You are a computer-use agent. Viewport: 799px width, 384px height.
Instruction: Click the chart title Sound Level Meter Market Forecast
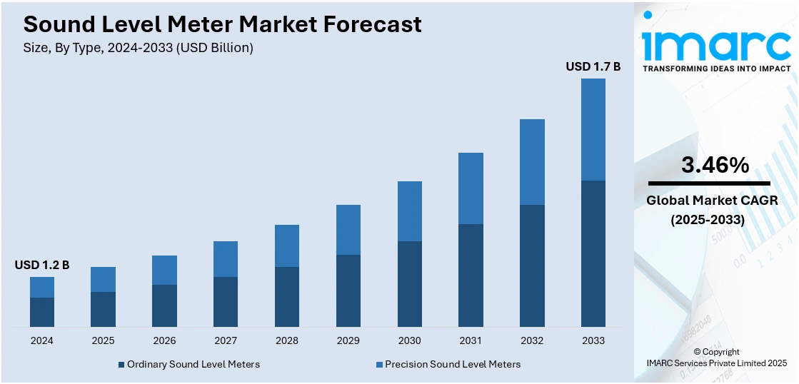coord(222,25)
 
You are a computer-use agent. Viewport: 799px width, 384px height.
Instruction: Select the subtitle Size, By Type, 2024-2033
coord(139,48)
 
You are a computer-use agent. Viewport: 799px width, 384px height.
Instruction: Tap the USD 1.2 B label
coord(42,265)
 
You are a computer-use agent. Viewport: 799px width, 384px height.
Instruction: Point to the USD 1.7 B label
coord(593,66)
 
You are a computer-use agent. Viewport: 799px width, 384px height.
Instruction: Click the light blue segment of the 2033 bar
coord(593,129)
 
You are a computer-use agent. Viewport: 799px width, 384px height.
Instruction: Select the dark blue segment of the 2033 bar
coord(593,253)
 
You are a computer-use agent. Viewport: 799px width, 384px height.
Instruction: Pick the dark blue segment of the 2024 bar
coord(42,312)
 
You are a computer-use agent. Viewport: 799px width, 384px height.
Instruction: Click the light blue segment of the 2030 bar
coord(409,211)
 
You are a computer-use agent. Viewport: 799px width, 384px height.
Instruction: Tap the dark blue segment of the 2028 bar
coord(287,297)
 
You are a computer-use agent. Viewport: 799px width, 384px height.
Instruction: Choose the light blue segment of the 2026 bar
coord(164,270)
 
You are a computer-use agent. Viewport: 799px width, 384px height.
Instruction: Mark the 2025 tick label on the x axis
coord(103,340)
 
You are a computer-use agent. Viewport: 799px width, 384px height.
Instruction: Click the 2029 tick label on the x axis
coord(348,340)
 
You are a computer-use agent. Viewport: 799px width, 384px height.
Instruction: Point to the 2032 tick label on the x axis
coord(532,340)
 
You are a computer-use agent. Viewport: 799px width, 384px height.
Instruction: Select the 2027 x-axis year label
coord(226,340)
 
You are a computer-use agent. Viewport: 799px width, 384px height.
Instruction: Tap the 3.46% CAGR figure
coord(715,166)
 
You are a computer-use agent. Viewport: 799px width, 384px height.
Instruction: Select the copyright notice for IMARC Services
coord(715,358)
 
